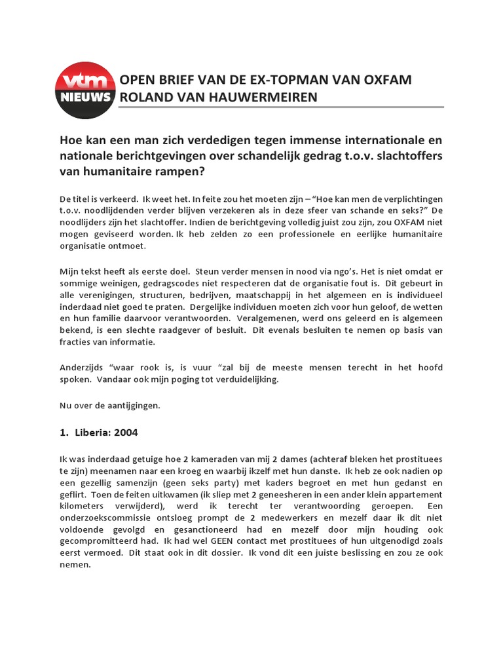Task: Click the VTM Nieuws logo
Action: coord(86,89)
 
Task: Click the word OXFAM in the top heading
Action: coord(386,80)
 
